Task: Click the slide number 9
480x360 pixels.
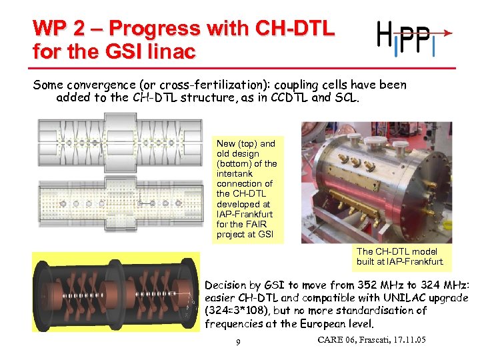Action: click(x=239, y=343)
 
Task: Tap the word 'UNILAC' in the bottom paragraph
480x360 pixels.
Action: click(x=391, y=297)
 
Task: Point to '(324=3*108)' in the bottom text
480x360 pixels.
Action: click(x=237, y=311)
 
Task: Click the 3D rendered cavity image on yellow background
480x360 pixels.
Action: click(x=115, y=293)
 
